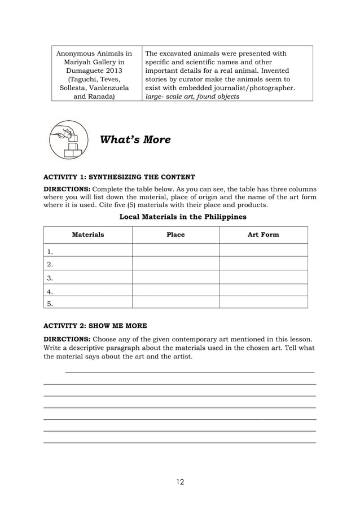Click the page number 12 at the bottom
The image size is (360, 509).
coord(179,481)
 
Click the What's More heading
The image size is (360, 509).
coord(135,139)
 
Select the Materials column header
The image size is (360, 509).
coord(88,235)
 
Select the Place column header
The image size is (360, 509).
coord(175,235)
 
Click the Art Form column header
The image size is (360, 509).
coord(263,235)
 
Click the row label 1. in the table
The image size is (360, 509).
coord(50,251)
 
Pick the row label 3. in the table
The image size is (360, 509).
coord(50,278)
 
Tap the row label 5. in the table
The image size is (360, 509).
coord(50,303)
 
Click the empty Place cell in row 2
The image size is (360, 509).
coord(175,264)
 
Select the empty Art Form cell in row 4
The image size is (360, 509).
coord(263,291)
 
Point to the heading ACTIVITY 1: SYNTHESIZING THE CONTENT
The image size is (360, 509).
coord(120,177)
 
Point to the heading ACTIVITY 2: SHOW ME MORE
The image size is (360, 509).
coord(95,326)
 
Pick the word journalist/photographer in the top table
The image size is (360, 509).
coord(256,88)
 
